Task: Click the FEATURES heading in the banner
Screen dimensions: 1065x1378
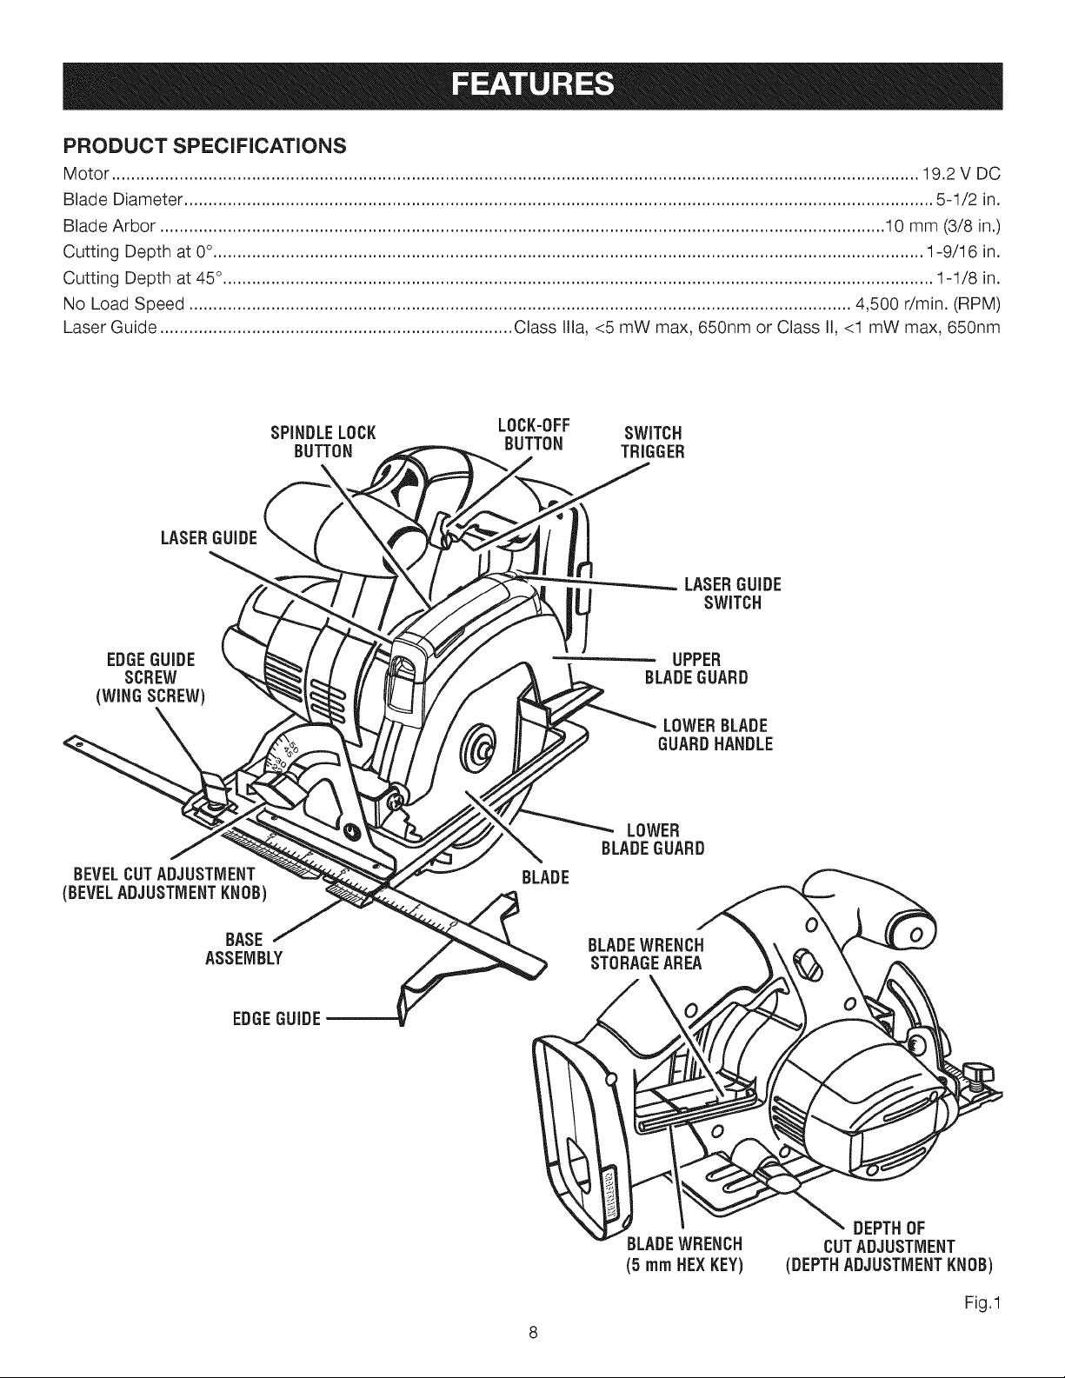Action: click(532, 85)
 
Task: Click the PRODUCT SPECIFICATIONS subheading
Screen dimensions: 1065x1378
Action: click(205, 146)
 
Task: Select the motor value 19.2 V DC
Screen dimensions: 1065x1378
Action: click(961, 174)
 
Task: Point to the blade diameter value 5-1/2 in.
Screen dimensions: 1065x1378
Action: click(968, 200)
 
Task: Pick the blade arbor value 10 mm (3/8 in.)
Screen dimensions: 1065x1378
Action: click(942, 226)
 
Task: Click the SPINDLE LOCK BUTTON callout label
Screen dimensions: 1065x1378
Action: click(323, 442)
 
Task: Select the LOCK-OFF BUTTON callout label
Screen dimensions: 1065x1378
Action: click(534, 435)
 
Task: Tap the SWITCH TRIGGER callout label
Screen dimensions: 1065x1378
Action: click(653, 443)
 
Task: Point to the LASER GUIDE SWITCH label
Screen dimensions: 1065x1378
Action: click(733, 594)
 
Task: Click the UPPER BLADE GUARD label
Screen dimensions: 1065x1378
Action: click(696, 669)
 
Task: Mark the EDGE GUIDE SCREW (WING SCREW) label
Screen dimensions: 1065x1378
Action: click(151, 678)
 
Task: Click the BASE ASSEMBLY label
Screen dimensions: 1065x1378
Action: click(244, 949)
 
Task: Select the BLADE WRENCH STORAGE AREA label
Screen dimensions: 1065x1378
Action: click(646, 955)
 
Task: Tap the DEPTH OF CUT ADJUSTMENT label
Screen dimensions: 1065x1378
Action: click(889, 1246)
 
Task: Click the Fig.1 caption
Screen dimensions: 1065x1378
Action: click(982, 1304)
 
